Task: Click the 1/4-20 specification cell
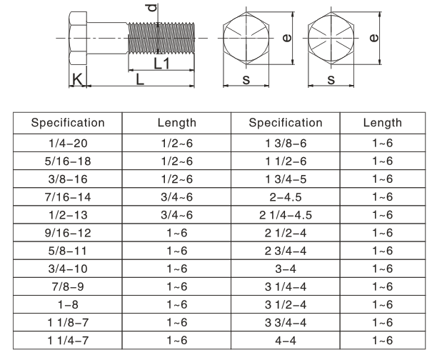pyautogui.click(x=68, y=143)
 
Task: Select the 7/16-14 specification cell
pyautogui.click(x=68, y=197)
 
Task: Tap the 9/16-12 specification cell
pyautogui.click(x=68, y=233)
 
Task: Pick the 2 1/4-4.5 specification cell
pyautogui.click(x=286, y=215)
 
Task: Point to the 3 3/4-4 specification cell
pyautogui.click(x=286, y=323)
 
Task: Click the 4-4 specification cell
pyautogui.click(x=286, y=341)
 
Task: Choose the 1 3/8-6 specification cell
pyautogui.click(x=286, y=143)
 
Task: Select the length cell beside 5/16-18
pyautogui.click(x=176, y=161)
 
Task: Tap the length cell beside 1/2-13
pyautogui.click(x=176, y=215)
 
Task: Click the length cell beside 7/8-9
pyautogui.click(x=176, y=286)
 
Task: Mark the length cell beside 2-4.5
pyautogui.click(x=383, y=197)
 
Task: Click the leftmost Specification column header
pyautogui.click(x=68, y=123)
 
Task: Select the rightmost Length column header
pyautogui.click(x=383, y=123)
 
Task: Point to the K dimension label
pyautogui.click(x=77, y=79)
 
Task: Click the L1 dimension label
pyautogui.click(x=161, y=64)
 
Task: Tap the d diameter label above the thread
pyautogui.click(x=152, y=8)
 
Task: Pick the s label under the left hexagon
pyautogui.click(x=246, y=80)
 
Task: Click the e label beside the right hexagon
pyautogui.click(x=374, y=38)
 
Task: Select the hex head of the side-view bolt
pyautogui.click(x=78, y=38)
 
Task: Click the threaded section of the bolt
pyautogui.click(x=161, y=38)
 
